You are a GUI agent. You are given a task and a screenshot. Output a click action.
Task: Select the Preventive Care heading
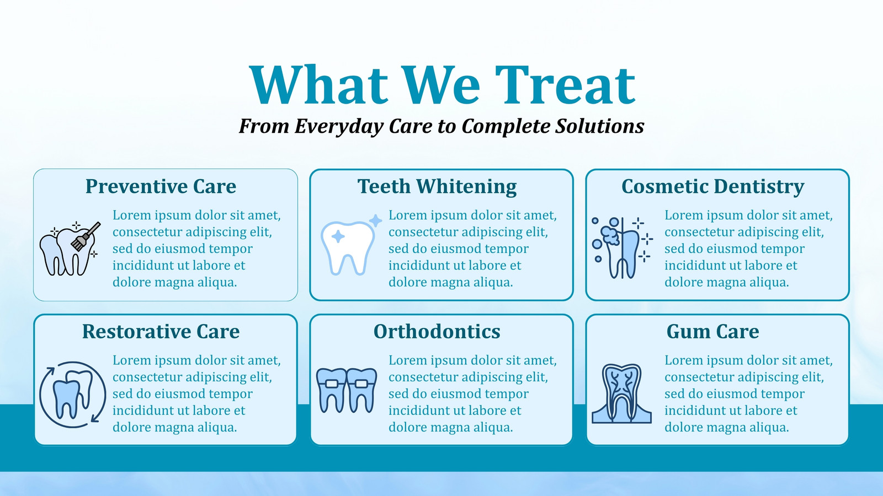[161, 186]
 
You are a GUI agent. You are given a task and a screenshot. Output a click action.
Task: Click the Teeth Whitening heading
[437, 187]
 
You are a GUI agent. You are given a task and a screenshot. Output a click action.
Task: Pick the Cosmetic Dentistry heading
[712, 187]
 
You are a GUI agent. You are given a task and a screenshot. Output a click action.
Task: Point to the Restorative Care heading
[161, 331]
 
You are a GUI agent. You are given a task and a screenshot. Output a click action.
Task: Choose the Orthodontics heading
[437, 331]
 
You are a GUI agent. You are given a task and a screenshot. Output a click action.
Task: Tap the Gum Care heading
[712, 331]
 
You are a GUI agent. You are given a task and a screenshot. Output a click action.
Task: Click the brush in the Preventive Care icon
[86, 236]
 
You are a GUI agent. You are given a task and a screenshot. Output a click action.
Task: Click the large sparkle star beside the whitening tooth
[375, 221]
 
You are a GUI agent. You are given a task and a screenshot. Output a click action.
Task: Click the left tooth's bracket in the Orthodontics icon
[332, 384]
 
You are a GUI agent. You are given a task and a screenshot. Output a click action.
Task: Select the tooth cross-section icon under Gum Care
[621, 393]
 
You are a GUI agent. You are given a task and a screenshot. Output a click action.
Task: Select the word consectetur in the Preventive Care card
[147, 232]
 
